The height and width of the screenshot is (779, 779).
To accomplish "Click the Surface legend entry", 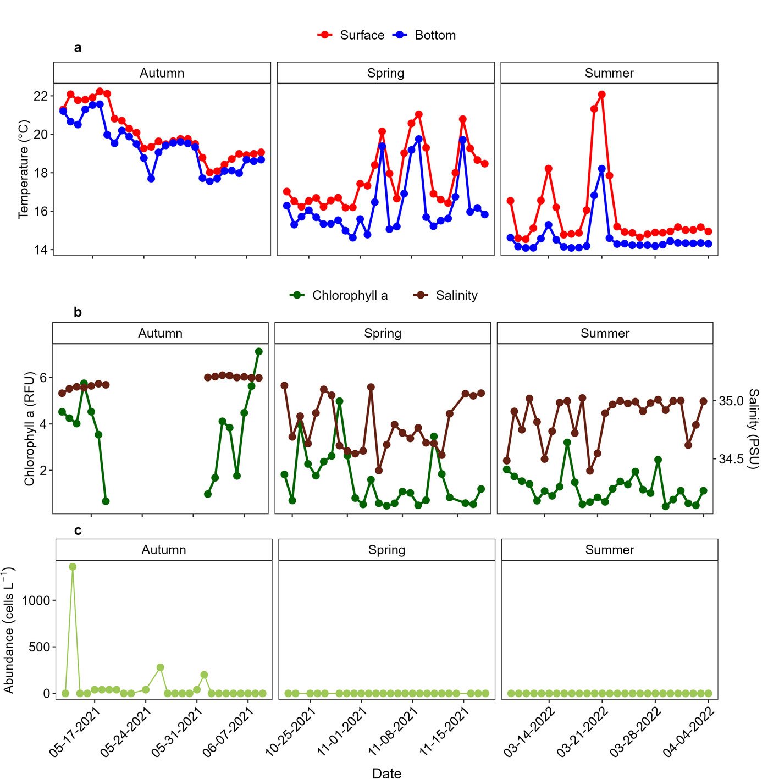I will click(351, 35).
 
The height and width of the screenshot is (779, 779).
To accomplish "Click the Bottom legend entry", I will click(424, 35).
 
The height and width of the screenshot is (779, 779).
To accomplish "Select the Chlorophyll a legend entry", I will click(339, 296).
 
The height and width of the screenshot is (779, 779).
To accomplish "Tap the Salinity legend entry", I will click(445, 296).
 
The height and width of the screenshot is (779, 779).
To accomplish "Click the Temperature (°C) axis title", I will click(23, 169).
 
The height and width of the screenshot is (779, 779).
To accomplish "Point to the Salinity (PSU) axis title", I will click(753, 429).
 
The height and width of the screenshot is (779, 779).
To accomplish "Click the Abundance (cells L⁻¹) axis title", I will click(9, 631).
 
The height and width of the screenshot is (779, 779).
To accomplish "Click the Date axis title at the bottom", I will click(386, 773).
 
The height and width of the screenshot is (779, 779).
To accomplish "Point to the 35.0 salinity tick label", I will click(731, 401).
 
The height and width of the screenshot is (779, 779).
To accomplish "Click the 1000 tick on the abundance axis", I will click(36, 600).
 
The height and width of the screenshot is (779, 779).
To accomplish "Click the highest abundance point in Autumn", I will click(73, 567).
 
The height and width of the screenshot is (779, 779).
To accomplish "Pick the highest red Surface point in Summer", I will click(602, 95).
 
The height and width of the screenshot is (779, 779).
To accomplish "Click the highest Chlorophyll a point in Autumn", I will click(259, 351).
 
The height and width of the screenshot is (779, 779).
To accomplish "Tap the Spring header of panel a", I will click(385, 73).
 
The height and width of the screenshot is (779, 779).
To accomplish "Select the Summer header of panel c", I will click(609, 550).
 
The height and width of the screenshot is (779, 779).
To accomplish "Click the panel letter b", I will click(78, 312).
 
